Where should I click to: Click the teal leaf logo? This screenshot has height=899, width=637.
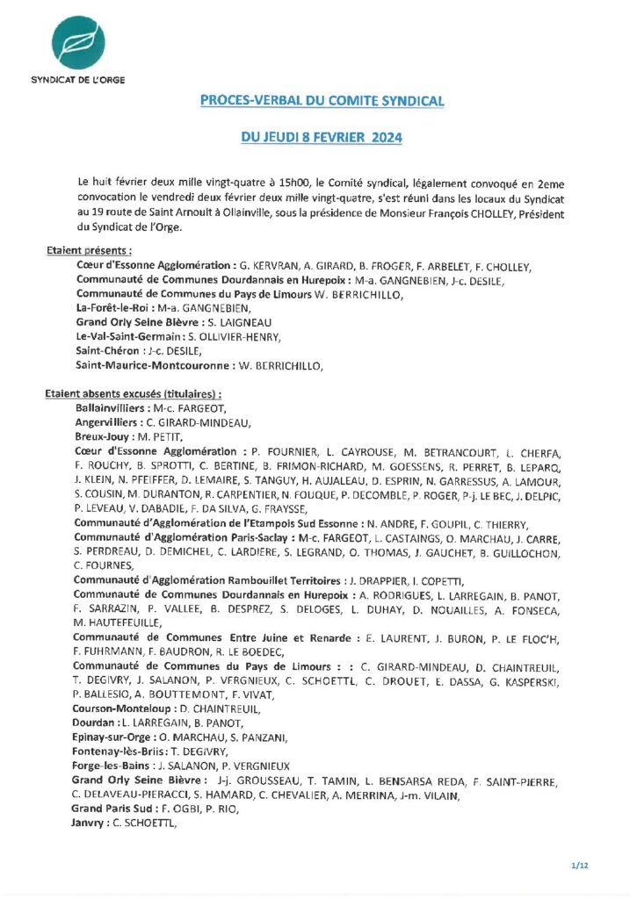76,41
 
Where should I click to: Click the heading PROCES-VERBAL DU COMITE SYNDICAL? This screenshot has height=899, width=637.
322,101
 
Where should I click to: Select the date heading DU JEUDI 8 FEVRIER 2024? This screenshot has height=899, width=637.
322,138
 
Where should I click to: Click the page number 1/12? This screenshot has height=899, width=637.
580,866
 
